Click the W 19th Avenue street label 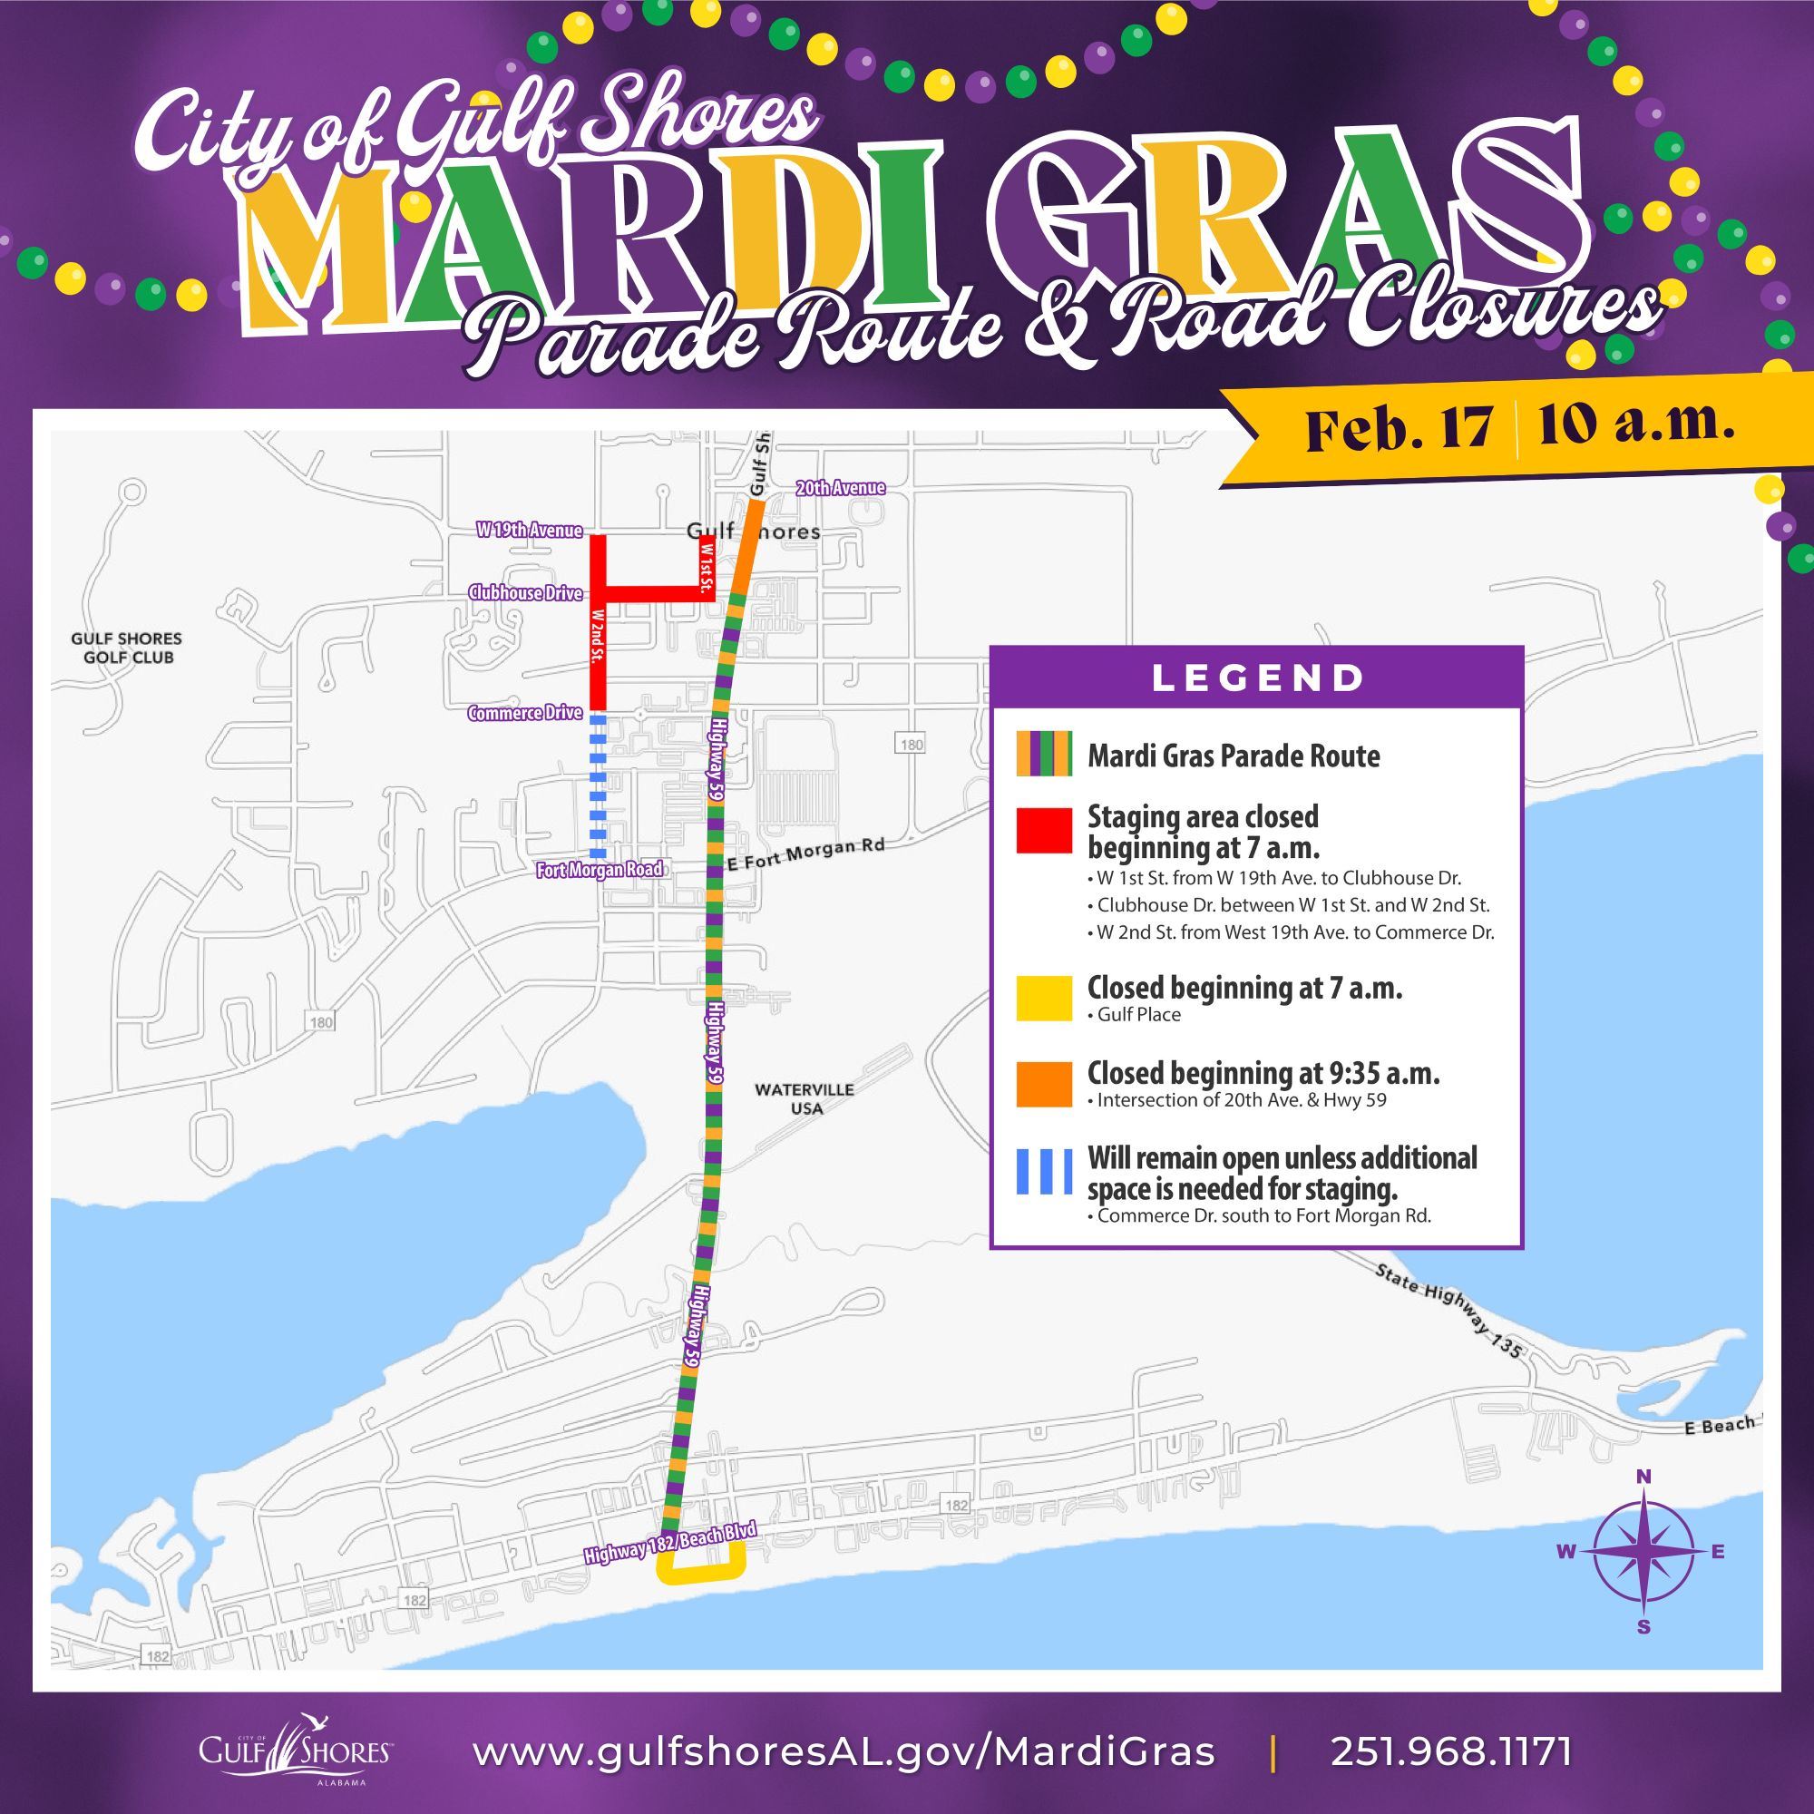coord(529,532)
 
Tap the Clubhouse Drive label coord(525,593)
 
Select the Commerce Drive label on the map coord(525,714)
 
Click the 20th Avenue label coord(839,488)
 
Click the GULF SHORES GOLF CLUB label coord(127,648)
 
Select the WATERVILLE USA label coord(805,1098)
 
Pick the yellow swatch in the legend coord(1044,998)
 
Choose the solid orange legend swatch coord(1044,1084)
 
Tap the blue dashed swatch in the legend coord(1044,1170)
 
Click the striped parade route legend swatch coord(1044,752)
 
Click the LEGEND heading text coord(1258,678)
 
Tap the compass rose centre coord(1643,1552)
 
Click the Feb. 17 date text coord(1398,429)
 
